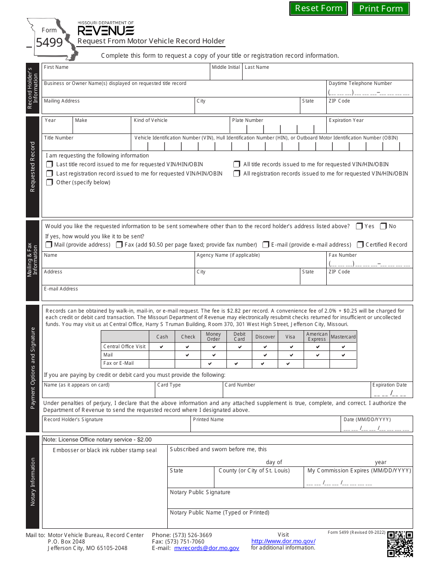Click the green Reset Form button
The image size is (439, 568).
318,8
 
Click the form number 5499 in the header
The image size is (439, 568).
49,42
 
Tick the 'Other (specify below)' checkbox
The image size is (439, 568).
49,182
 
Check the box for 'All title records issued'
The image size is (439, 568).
237,164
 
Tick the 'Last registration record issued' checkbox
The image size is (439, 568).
49,174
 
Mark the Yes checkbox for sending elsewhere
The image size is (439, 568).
359,226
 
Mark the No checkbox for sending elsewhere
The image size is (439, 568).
383,226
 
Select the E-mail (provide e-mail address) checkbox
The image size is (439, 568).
266,245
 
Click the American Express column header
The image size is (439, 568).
317,337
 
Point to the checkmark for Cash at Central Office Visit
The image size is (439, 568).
161,347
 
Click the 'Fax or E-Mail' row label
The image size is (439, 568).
119,363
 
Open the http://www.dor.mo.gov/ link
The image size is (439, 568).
283,541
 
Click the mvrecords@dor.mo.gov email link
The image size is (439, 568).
207,548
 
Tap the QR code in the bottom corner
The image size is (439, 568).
400,544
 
